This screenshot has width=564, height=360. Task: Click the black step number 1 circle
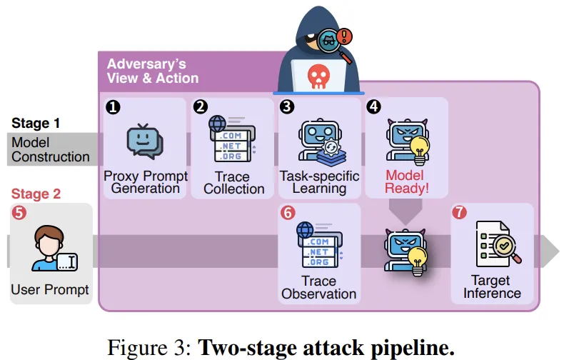tap(113, 107)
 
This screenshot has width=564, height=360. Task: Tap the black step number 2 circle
tap(201, 106)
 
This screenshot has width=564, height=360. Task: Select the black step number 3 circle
tap(287, 106)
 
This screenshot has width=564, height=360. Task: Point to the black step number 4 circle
tap(373, 106)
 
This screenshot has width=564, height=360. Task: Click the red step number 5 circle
tap(19, 212)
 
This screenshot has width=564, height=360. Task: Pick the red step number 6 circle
tap(288, 213)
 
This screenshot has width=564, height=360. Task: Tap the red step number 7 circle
tap(459, 212)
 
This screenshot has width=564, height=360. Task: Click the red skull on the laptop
tap(318, 76)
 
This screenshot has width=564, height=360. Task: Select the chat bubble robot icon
tap(145, 141)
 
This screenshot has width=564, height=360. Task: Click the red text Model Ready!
tap(406, 182)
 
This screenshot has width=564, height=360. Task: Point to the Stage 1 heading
tap(36, 123)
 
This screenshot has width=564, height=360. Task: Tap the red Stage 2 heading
tap(36, 194)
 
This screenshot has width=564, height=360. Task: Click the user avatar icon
tap(54, 249)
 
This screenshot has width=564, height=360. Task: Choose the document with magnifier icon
tap(498, 244)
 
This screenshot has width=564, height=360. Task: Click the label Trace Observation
tap(318, 287)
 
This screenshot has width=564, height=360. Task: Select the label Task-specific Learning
tap(319, 182)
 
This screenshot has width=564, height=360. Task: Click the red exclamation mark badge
tap(344, 36)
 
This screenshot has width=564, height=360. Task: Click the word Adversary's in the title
tap(146, 64)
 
